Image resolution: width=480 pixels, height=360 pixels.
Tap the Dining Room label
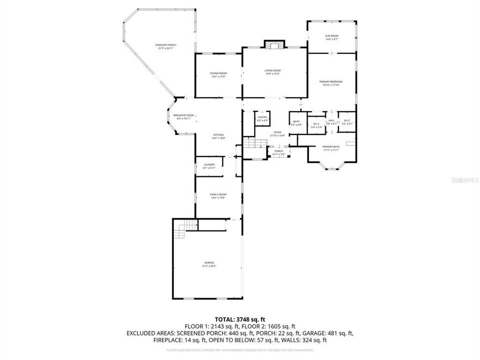click(x=218, y=75)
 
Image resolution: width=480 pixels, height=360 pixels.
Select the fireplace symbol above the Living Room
click(x=273, y=45)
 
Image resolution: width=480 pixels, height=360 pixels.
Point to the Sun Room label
click(x=331, y=37)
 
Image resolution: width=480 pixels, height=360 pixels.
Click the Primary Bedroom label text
click(x=331, y=83)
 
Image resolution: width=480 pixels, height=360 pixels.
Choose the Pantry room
click(x=262, y=119)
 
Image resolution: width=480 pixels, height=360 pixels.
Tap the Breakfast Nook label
click(x=183, y=116)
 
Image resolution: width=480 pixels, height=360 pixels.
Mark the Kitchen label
click(x=218, y=136)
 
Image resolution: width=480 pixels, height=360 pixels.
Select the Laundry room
click(x=209, y=166)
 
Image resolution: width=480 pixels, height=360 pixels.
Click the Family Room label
click(x=218, y=196)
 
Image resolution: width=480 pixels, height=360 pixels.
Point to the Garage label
click(x=209, y=264)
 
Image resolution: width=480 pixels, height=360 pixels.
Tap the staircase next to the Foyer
click(x=255, y=143)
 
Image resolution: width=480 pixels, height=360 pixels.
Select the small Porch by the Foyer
click(x=278, y=152)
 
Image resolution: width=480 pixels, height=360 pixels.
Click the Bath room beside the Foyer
click(x=296, y=122)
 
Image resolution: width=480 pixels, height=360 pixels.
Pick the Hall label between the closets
click(x=331, y=121)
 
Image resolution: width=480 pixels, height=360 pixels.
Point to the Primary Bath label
click(x=331, y=148)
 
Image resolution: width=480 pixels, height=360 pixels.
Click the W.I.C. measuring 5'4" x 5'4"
click(x=316, y=125)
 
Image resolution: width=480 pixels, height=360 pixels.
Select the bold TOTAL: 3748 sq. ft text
click(x=239, y=318)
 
